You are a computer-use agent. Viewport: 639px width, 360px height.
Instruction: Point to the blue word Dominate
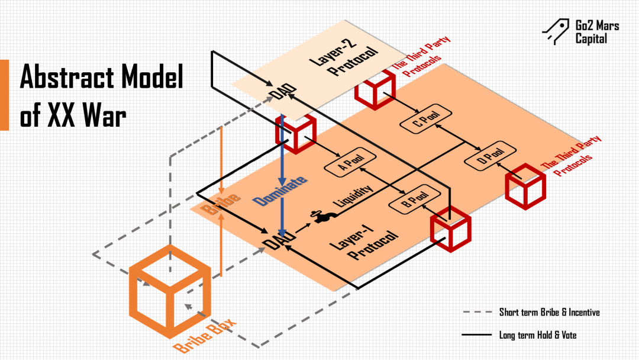[282, 190]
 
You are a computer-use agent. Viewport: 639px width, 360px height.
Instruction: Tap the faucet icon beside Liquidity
[322, 217]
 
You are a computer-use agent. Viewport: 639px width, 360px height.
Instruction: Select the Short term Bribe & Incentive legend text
[548, 312]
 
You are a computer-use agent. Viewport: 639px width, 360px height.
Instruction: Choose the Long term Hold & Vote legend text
[537, 335]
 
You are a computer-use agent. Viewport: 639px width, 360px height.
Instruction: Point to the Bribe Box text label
[205, 335]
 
